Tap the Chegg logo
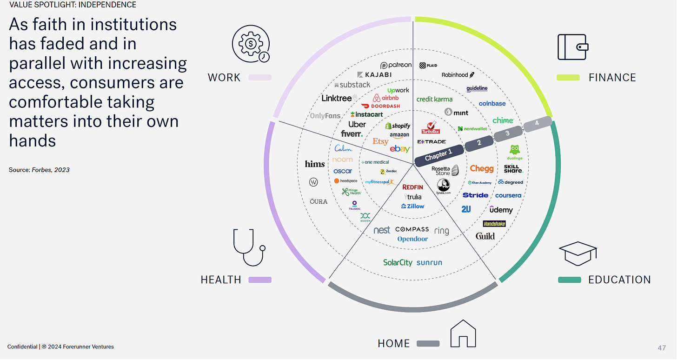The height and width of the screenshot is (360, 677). tap(481, 169)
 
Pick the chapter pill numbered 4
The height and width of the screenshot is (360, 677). tap(537, 123)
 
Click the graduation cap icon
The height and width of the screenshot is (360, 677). tap(577, 253)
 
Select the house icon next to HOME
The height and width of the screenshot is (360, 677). tap(463, 333)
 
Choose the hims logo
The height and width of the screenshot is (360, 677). tap(315, 164)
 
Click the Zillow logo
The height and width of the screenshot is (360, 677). tap(413, 206)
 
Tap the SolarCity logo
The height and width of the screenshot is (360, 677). tap(398, 262)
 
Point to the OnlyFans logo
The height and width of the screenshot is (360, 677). tap(325, 116)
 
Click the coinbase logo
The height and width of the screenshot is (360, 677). tap(492, 103)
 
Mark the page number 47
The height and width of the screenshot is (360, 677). tap(662, 348)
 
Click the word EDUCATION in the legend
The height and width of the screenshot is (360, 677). tap(619, 280)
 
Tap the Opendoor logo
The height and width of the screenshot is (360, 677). tap(412, 239)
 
